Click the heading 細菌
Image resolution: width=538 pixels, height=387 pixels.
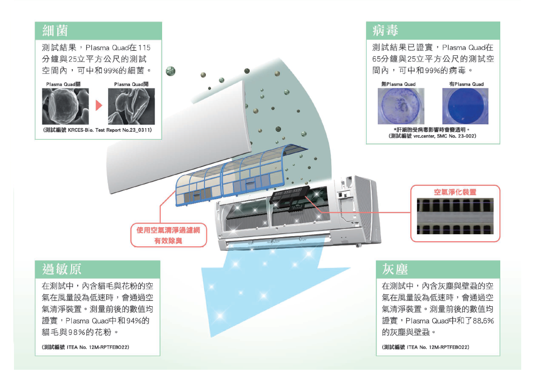click(55, 31)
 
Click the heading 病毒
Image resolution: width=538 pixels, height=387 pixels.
click(385, 31)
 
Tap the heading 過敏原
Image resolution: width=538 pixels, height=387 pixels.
click(62, 269)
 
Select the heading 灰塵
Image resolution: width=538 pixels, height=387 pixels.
click(395, 269)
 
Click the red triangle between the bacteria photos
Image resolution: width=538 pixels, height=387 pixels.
click(98, 105)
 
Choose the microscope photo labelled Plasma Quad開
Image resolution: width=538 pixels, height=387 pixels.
click(131, 107)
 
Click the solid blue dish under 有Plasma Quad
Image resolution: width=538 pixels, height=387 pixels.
click(465, 106)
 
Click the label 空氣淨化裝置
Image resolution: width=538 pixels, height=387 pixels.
click(455, 192)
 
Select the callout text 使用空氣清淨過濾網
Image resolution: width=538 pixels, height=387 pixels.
click(168, 230)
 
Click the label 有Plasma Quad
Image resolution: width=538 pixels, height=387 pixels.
click(466, 84)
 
